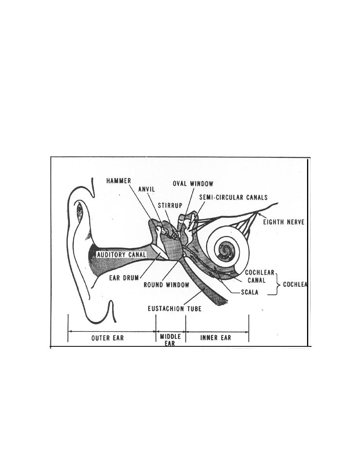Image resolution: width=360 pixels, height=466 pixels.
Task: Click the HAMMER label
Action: (x=118, y=181)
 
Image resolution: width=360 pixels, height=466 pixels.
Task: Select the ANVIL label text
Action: (x=147, y=189)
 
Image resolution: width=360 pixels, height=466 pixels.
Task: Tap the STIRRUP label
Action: (x=170, y=206)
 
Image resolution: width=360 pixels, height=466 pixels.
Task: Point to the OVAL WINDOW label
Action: (x=193, y=184)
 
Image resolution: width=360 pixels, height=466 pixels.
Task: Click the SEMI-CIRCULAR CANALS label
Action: (x=233, y=197)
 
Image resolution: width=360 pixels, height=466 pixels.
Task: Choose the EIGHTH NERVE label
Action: (x=284, y=222)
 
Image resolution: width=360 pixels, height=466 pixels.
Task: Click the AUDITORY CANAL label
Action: (x=122, y=255)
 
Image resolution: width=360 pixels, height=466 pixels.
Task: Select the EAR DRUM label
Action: (x=124, y=278)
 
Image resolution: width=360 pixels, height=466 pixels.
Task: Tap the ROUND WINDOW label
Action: (x=166, y=285)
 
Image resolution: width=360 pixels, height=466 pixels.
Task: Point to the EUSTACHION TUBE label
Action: (x=175, y=309)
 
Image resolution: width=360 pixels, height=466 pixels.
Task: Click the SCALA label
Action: (x=250, y=292)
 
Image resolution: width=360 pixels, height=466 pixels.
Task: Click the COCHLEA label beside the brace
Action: (x=295, y=284)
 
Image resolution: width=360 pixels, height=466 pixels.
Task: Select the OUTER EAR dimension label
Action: (x=107, y=338)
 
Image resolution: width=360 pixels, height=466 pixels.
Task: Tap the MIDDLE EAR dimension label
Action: (x=170, y=340)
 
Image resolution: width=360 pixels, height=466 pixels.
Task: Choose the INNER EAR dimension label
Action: (x=216, y=338)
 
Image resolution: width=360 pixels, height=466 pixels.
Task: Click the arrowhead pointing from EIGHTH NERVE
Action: (x=259, y=215)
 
